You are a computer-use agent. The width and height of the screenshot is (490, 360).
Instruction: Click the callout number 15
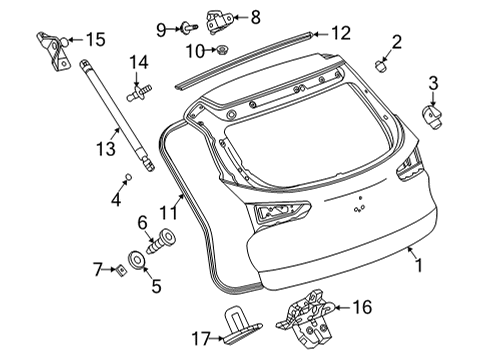[96, 39]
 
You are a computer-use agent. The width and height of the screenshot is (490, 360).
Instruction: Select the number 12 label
[341, 33]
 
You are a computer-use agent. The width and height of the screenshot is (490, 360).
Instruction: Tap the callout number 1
[418, 266]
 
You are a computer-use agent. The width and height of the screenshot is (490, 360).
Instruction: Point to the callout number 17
[201, 339]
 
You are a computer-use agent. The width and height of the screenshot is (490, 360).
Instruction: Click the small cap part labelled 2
[381, 66]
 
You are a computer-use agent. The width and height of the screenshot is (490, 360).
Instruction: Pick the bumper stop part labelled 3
[432, 117]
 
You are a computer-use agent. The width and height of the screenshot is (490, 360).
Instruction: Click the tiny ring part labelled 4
[128, 176]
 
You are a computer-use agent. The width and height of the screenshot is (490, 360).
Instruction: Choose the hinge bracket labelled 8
[219, 21]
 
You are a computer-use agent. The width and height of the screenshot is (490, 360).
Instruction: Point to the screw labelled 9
[189, 27]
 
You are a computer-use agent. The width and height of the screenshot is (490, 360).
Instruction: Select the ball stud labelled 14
[139, 92]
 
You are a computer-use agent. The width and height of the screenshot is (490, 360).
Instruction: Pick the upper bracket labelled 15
[54, 51]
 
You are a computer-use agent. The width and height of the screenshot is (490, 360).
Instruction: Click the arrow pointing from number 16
[341, 307]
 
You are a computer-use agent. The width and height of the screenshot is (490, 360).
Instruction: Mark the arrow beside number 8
[240, 17]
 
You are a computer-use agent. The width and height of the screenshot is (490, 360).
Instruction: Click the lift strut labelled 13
[117, 115]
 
